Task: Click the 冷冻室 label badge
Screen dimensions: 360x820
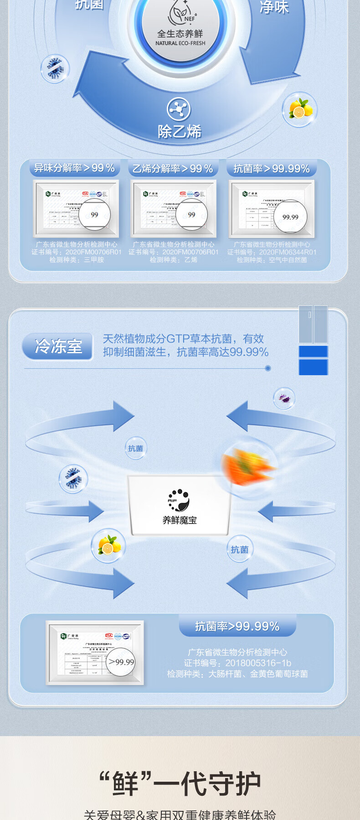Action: (x=58, y=346)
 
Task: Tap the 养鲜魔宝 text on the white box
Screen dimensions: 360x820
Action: (x=180, y=520)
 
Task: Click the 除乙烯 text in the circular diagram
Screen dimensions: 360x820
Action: (x=180, y=132)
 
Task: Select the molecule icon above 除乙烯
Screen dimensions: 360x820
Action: (x=179, y=109)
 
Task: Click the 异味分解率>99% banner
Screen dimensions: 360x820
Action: (x=74, y=168)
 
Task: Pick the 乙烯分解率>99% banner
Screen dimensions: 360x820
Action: (x=173, y=169)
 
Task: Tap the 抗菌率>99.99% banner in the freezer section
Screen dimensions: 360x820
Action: (x=237, y=626)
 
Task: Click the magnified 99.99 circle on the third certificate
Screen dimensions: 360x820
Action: (x=290, y=217)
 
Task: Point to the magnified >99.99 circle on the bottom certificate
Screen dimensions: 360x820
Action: (x=121, y=662)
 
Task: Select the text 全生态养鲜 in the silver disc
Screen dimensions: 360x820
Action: (x=180, y=34)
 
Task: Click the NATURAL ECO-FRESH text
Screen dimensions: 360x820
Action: (x=180, y=43)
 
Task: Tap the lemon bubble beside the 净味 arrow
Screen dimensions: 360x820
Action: (x=300, y=109)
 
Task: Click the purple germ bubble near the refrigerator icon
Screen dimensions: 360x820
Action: (x=284, y=398)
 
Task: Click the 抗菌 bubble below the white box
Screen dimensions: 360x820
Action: (x=239, y=550)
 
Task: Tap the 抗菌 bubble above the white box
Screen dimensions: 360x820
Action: (x=135, y=449)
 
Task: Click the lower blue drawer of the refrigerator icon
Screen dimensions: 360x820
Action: (x=313, y=367)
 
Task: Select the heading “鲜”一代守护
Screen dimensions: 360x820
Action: (x=180, y=784)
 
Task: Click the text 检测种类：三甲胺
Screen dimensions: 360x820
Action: (x=77, y=260)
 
